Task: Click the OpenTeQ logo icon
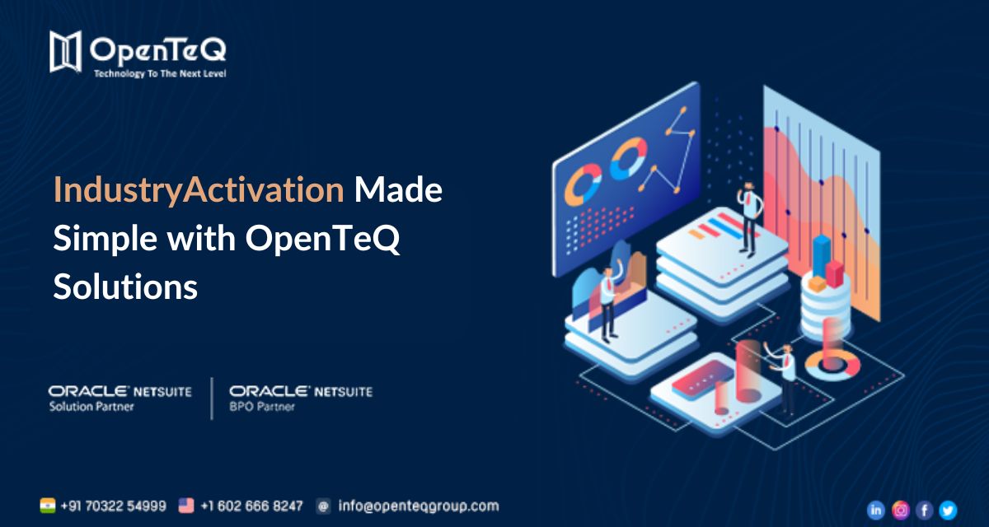coord(66,51)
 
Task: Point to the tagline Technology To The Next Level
coord(160,73)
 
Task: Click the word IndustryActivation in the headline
coord(199,191)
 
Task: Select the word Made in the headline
coord(398,191)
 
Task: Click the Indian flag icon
coord(48,505)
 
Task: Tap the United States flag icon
coord(186,505)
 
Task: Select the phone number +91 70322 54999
coord(113,505)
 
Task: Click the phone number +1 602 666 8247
coord(251,505)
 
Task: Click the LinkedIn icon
coord(876,510)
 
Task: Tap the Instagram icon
coord(901,510)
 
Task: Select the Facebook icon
coord(925,510)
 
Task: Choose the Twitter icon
coord(949,510)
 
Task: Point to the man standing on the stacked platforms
coord(748,218)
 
